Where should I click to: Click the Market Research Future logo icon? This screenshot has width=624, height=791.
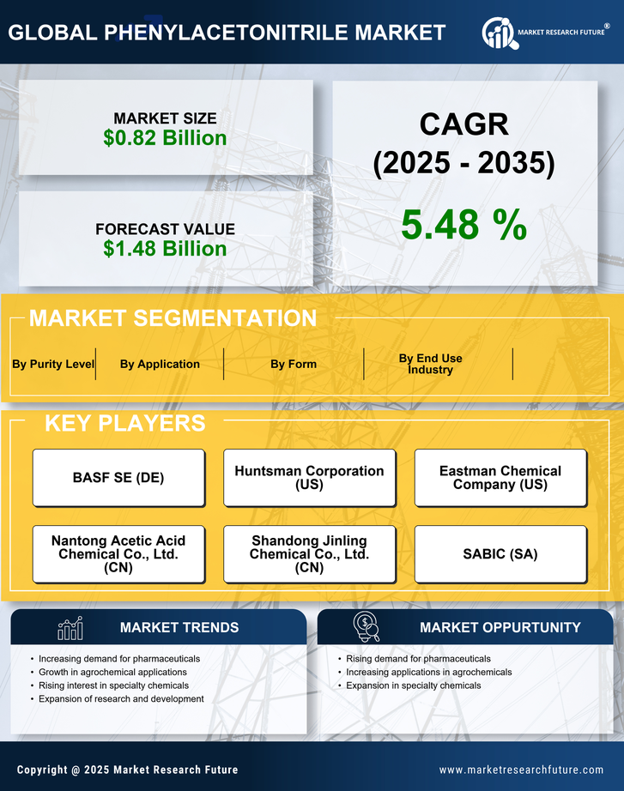pos(498,33)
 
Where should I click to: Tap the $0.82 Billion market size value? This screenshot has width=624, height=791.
pos(165,138)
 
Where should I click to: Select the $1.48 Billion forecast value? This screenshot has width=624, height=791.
pos(165,249)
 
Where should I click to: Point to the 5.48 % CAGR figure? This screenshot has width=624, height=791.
pos(463,225)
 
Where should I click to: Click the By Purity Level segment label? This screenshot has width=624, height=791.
pos(53,364)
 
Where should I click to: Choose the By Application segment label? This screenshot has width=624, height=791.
pos(160,364)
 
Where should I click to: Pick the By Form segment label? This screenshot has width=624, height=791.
pos(294,364)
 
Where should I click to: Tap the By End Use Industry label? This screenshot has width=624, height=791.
pos(430,364)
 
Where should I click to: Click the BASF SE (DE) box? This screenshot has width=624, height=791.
pos(118,478)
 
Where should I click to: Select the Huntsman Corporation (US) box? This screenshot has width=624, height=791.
pos(309,478)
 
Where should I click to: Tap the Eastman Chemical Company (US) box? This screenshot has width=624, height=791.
pos(500,478)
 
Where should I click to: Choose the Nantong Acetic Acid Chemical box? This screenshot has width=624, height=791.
pos(118,554)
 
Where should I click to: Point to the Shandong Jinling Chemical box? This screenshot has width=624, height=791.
pos(309,554)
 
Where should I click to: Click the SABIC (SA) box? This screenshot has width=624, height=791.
pos(500,554)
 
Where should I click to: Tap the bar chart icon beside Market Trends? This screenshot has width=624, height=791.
pos(70,628)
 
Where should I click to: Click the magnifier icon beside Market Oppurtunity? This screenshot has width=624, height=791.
pos(367,627)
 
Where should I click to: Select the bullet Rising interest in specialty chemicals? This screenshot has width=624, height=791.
pos(113,685)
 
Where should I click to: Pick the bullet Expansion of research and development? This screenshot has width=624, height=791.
pos(121,699)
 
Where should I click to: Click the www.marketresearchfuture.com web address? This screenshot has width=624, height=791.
pos(521,770)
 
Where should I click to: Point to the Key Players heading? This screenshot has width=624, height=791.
pos(124,423)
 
